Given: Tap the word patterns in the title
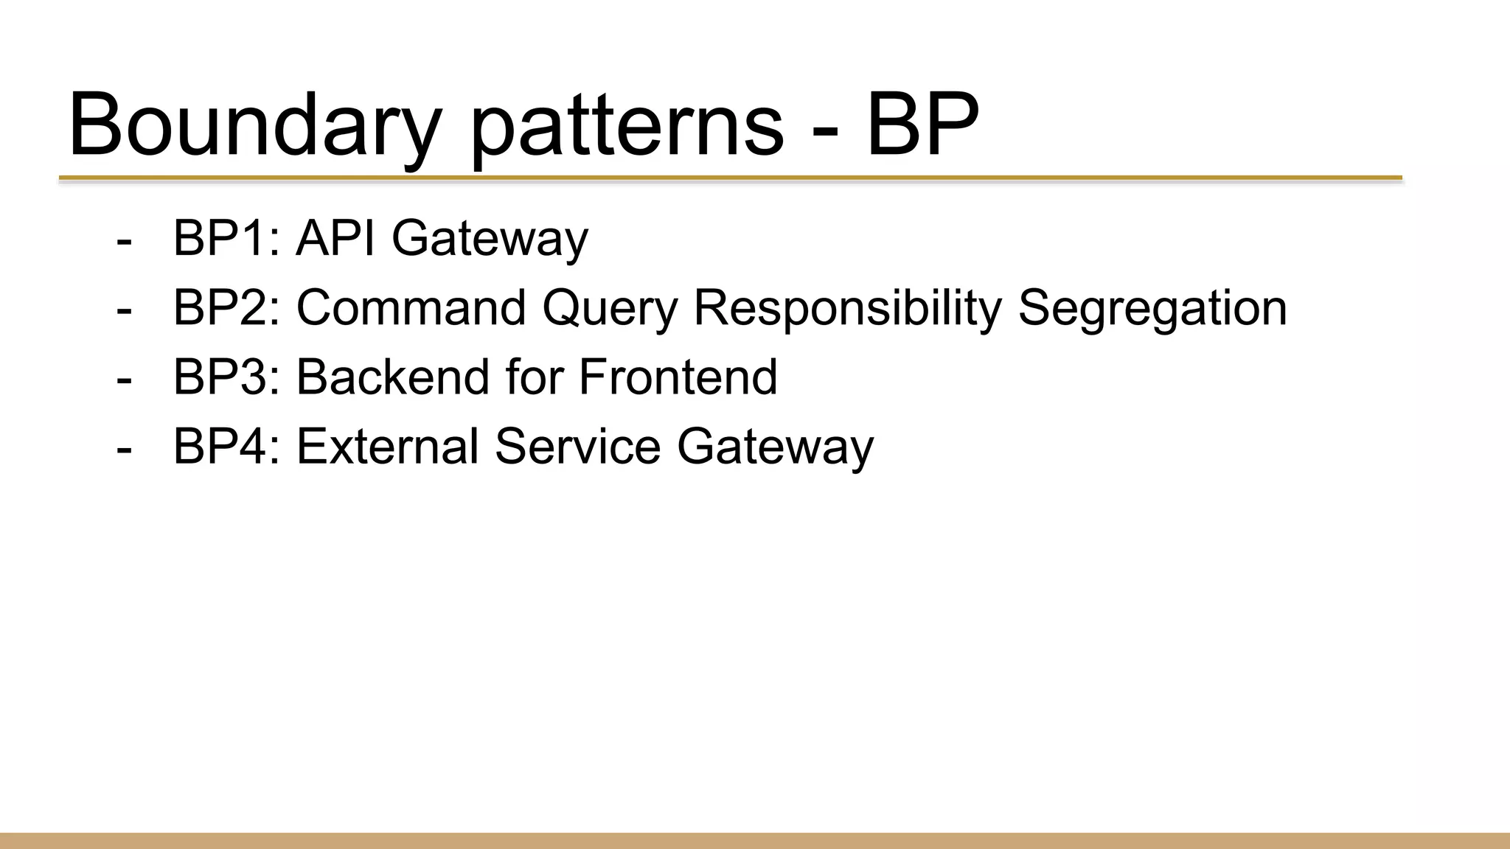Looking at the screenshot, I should pos(627,125).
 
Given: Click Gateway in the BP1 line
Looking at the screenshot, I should pos(490,240).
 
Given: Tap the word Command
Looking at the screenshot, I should pos(411,307).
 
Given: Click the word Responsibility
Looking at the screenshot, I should pos(847,309).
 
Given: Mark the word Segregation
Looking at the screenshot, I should pos(1152,309).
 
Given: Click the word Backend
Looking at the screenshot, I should pos(393,377).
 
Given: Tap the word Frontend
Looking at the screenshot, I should pos(678,377).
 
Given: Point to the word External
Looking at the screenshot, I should pos(387,446).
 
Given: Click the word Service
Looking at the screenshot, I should pos(577,446).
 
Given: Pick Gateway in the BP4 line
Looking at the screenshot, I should pos(775,447).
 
